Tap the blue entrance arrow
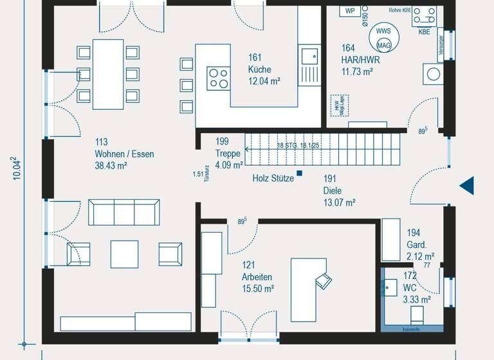[466, 186]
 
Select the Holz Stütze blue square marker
[299, 173]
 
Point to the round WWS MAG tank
[383, 38]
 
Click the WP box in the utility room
[350, 11]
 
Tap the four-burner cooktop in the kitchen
[219, 78]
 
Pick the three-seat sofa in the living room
[125, 212]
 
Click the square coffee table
[125, 254]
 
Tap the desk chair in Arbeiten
[324, 280]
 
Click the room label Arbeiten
[257, 277]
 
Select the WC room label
[410, 288]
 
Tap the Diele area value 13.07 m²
[340, 203]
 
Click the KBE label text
[425, 32]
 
